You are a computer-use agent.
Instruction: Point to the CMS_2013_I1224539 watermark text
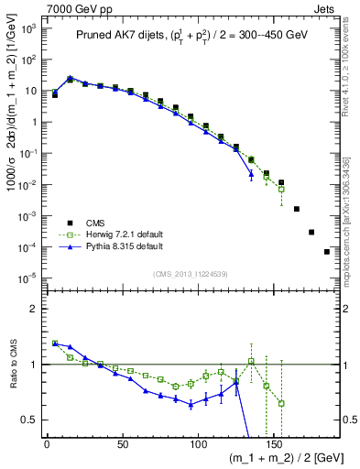191,273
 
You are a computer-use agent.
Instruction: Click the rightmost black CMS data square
327,252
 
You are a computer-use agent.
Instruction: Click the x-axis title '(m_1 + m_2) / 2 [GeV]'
279,460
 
